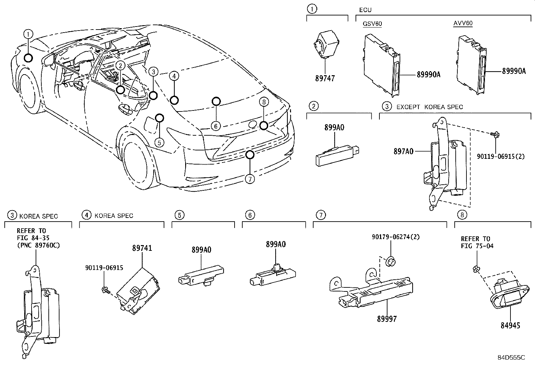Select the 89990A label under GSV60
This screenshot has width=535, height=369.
click(x=428, y=75)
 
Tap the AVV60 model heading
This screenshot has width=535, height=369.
click(x=463, y=24)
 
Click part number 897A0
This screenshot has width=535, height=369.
click(x=403, y=151)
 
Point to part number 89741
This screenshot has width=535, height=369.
click(x=142, y=248)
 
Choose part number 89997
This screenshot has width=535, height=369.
click(x=386, y=319)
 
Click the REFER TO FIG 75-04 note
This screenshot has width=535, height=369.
click(x=475, y=242)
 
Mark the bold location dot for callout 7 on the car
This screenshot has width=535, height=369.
click(x=249, y=154)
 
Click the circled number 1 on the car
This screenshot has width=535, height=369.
click(x=29, y=34)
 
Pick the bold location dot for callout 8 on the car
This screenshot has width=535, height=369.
click(x=264, y=126)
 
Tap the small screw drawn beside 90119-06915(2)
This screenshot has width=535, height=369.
click(x=495, y=135)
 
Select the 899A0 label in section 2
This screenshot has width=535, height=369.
click(x=334, y=128)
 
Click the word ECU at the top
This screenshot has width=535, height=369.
click(x=365, y=10)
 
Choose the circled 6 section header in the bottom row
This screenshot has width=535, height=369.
click(x=250, y=215)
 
